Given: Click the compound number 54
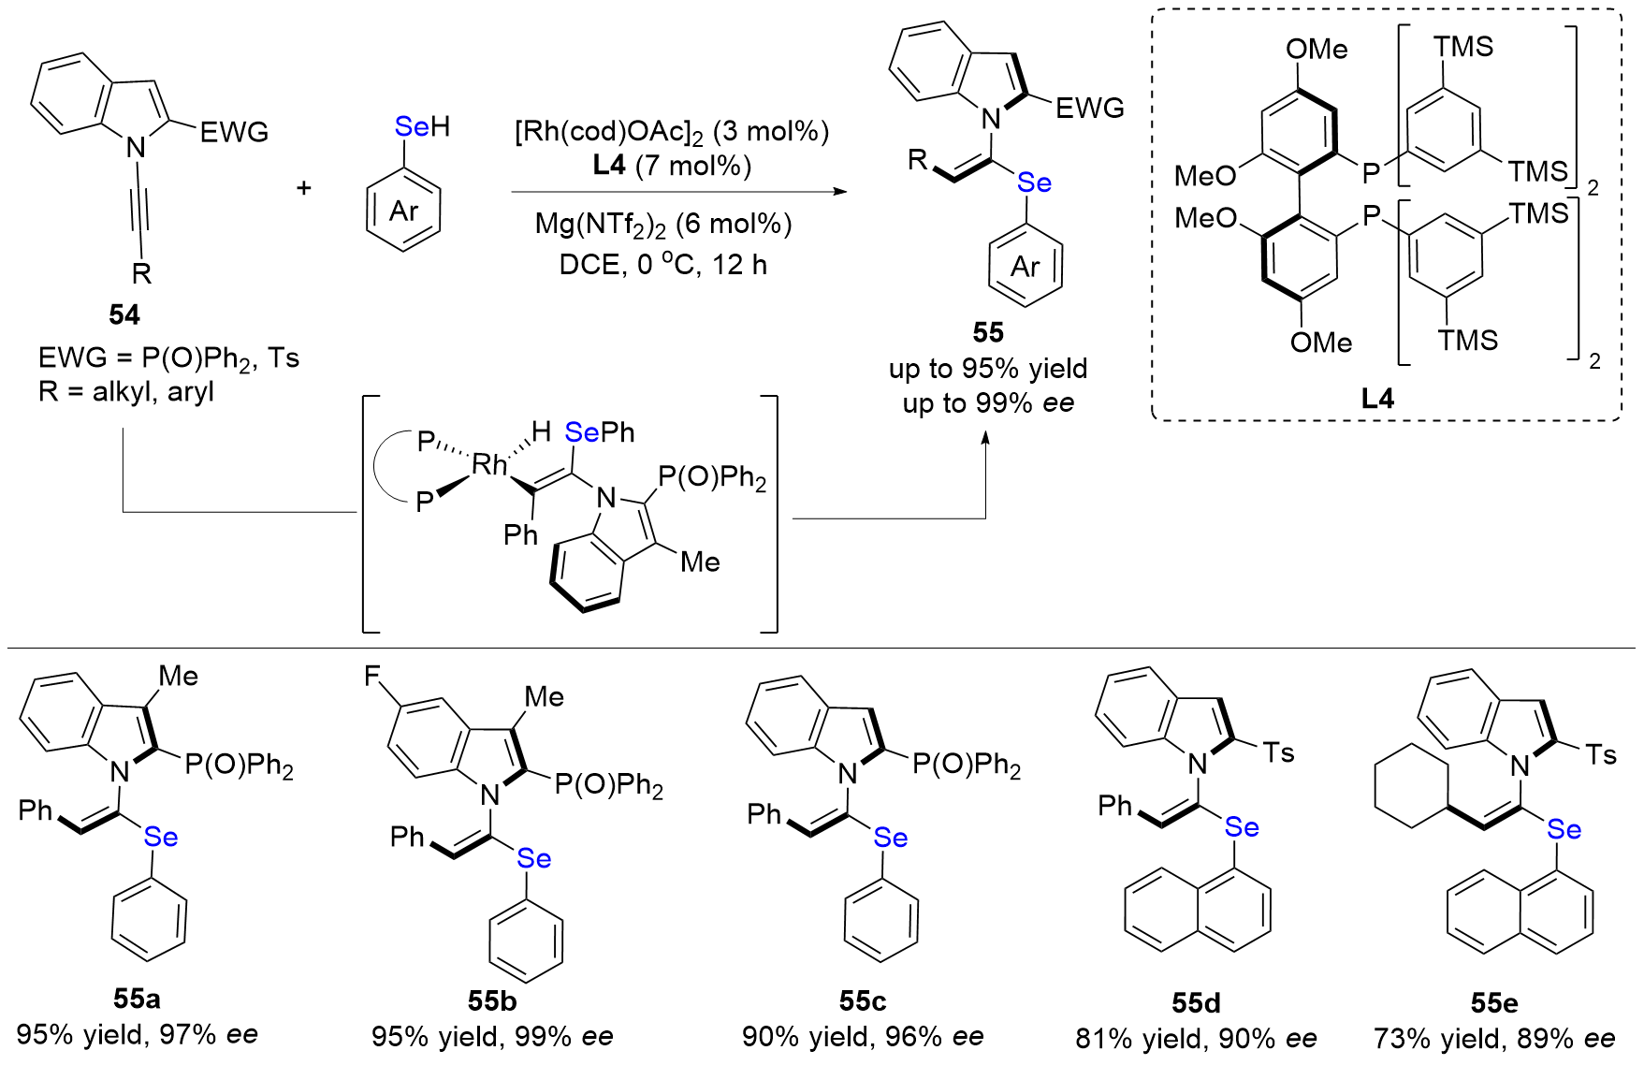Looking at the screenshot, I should coord(124,314).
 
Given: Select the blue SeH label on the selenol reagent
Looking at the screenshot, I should coord(422,126).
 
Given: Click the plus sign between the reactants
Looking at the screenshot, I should coord(303,188).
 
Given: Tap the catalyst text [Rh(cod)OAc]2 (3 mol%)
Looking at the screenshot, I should coord(671,131).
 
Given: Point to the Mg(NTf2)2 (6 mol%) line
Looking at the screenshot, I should coord(663,224).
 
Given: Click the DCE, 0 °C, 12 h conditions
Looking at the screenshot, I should coord(662,265).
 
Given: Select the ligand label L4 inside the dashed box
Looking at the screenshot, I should coord(1376,399).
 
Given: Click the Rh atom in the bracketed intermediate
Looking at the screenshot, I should coord(489,464).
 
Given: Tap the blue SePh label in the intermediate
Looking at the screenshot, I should coord(599,432).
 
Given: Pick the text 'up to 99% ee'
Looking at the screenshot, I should coord(988,403).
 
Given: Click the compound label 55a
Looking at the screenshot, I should coord(137,999).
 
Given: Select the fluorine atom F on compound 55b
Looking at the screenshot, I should coord(372,676).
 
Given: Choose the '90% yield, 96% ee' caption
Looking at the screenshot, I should coord(863,1036).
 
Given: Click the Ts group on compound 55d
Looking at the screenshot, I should coord(1278,752).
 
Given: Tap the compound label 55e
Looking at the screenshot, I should coord(1493,1003).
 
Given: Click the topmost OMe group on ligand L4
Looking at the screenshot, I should coord(1317,49).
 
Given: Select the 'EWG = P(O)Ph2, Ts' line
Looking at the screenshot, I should coord(168,358).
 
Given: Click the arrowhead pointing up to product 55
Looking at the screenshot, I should coord(985,439).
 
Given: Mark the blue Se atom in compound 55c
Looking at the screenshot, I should coord(890,838).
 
